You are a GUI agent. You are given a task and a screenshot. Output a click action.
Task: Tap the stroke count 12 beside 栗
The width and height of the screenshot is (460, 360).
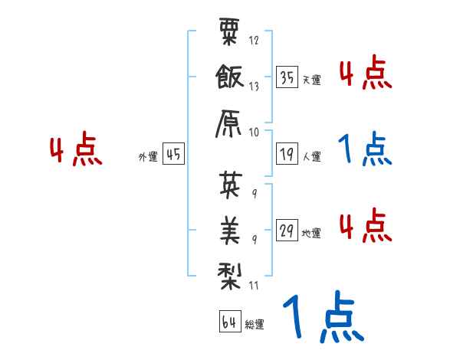pyautogui.click(x=255, y=41)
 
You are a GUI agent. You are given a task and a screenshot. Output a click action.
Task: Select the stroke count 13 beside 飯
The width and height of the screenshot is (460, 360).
pyautogui.click(x=255, y=87)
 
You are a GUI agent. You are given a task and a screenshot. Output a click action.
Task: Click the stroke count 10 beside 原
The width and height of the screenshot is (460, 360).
pyautogui.click(x=255, y=131)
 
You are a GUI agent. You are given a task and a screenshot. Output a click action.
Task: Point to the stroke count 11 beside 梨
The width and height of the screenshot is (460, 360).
pyautogui.click(x=254, y=287)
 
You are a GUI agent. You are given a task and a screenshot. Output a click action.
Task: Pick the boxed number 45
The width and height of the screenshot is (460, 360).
pyautogui.click(x=173, y=154)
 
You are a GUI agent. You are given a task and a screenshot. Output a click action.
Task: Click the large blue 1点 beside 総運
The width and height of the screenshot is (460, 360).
pyautogui.click(x=322, y=316)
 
